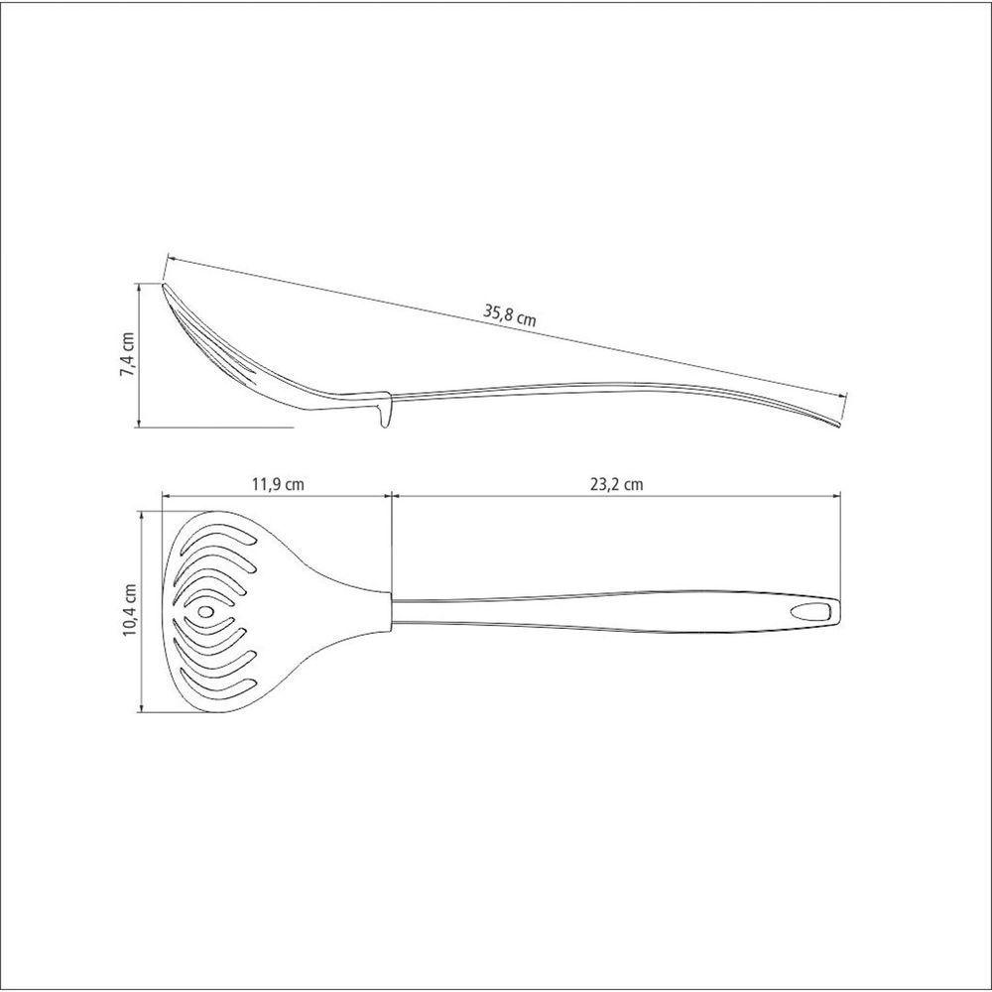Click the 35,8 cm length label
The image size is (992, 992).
tap(509, 315)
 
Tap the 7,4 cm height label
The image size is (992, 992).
tap(128, 354)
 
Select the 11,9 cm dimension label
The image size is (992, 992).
tap(278, 485)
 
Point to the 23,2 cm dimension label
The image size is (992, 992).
tap(617, 485)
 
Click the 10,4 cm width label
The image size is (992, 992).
tap(130, 609)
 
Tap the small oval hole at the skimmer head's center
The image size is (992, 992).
tap(206, 612)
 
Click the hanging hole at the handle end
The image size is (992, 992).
tap(809, 612)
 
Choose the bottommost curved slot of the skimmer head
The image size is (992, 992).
tap(217, 687)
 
